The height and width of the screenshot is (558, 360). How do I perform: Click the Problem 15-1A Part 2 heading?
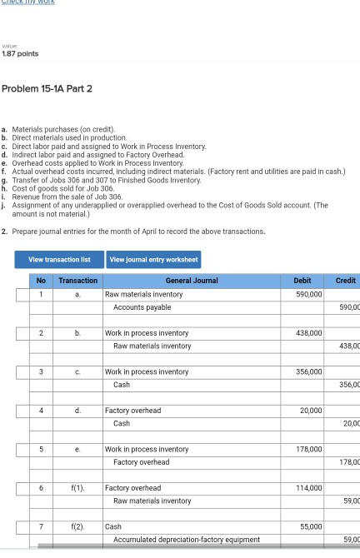coord(47,89)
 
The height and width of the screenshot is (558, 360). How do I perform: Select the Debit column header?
coord(304,281)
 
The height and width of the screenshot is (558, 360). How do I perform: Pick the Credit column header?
coord(344,281)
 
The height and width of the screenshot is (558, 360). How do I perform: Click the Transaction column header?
coord(77,281)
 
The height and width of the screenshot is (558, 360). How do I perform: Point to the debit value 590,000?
coord(308,294)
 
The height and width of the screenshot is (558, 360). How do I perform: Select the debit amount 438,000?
coord(308,333)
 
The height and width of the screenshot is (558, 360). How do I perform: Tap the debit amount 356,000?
coord(308,371)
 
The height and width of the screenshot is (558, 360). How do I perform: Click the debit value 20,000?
coord(311,411)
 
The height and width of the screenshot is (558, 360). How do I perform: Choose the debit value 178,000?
coord(308,450)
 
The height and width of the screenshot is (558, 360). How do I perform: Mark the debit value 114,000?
coord(308,488)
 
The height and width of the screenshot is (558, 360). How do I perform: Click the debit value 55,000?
coord(310,527)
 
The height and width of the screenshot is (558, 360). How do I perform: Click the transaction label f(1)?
coord(77,488)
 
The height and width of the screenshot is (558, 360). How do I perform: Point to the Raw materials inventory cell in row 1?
coord(143,294)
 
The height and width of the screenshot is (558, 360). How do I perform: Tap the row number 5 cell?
coord(39,450)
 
